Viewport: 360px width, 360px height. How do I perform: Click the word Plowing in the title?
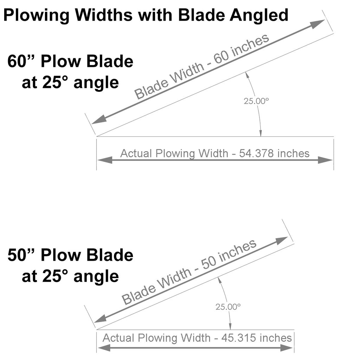(x=37, y=15)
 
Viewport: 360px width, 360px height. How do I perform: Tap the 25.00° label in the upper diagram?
(x=256, y=101)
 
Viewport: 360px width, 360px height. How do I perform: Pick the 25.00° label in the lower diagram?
(x=228, y=307)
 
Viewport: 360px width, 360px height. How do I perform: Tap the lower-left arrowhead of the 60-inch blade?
(x=99, y=120)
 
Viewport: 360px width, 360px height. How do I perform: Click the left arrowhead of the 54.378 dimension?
(x=105, y=160)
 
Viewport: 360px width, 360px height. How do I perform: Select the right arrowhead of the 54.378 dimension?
(x=325, y=160)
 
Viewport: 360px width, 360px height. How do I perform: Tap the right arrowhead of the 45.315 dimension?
(x=287, y=348)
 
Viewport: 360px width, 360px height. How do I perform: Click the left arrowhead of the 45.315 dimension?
(x=104, y=348)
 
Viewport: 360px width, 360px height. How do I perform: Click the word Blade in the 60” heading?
(x=110, y=61)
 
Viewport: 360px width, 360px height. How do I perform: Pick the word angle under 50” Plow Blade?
(x=96, y=277)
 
